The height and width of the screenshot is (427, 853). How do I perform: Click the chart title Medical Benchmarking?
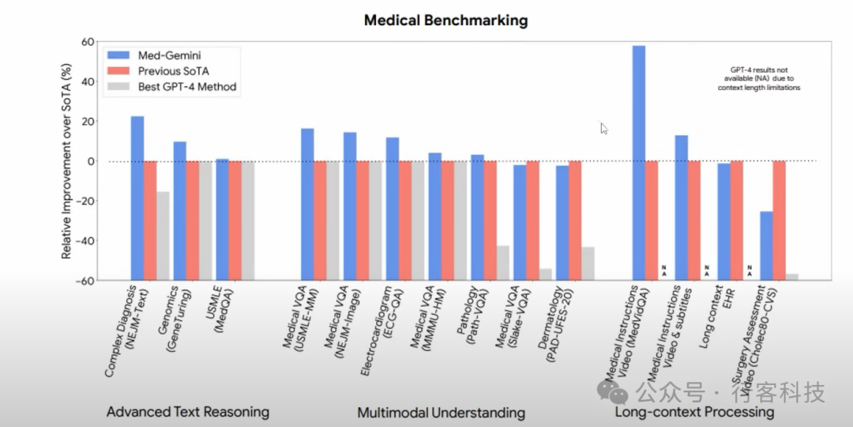[x=445, y=21]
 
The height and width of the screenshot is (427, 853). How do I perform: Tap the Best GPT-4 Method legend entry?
[x=188, y=86]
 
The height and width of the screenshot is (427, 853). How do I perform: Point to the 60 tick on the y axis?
[x=88, y=42]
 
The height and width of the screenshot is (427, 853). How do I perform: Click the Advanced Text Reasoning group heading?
[x=188, y=412]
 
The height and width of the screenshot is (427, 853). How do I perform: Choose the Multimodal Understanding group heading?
[x=441, y=412]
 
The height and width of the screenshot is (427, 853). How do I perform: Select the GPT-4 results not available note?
[x=759, y=78]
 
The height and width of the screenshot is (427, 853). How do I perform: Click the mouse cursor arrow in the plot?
[x=603, y=127]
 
